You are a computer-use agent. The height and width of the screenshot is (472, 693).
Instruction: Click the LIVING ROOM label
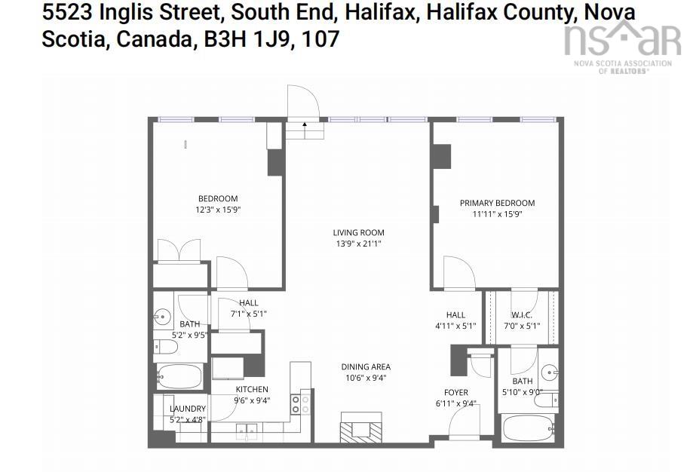coord(358,233)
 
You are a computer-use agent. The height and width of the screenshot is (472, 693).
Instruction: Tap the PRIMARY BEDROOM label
coord(497,203)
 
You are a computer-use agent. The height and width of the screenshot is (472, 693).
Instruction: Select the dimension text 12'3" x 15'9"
coord(217,210)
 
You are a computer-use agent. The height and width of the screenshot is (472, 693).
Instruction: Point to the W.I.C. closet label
coord(521,315)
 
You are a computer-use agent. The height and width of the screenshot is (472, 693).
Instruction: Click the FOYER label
coord(455,393)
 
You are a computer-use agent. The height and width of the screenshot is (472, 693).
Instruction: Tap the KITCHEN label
coord(252,390)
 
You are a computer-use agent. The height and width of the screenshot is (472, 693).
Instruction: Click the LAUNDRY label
coord(187,409)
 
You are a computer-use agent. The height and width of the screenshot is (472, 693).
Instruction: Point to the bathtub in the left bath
coord(179,375)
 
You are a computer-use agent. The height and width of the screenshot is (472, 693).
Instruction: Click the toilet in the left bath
coord(167,347)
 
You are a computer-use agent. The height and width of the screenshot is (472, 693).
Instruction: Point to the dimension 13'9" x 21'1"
coord(358,244)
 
